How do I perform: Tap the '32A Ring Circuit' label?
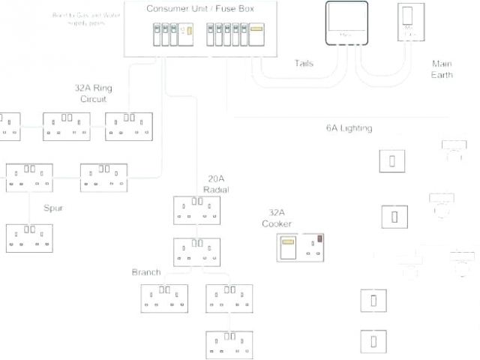point(94,93)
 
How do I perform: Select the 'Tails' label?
point(304,64)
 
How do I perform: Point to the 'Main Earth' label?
point(442,69)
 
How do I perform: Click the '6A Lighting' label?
point(349,128)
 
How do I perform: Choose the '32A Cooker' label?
point(277,218)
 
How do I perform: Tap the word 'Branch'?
point(146,272)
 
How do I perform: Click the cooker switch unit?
point(302,247)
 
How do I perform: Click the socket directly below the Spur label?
point(30,238)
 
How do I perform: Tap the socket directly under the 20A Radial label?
point(197,210)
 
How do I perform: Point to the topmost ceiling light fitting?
point(455,150)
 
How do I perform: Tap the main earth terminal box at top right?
point(409,28)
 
